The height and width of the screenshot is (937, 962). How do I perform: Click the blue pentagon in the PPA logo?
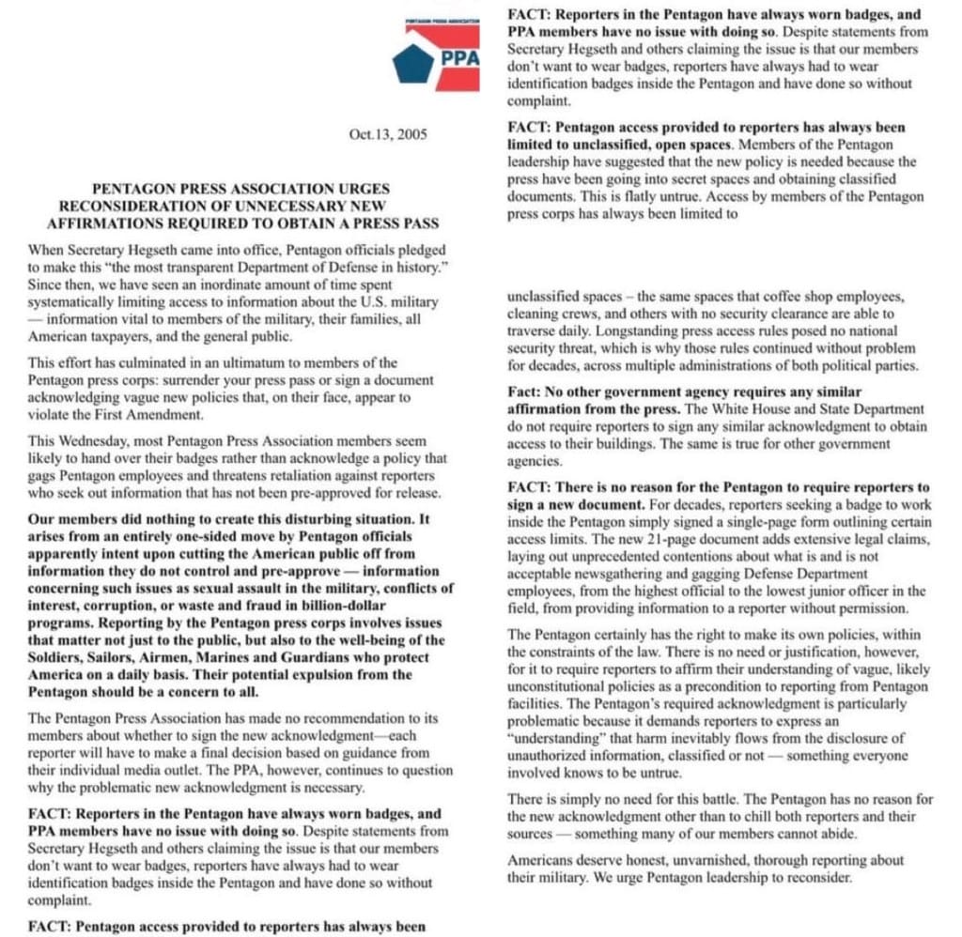coord(412,63)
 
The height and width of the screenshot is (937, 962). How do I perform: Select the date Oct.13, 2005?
coord(387,134)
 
